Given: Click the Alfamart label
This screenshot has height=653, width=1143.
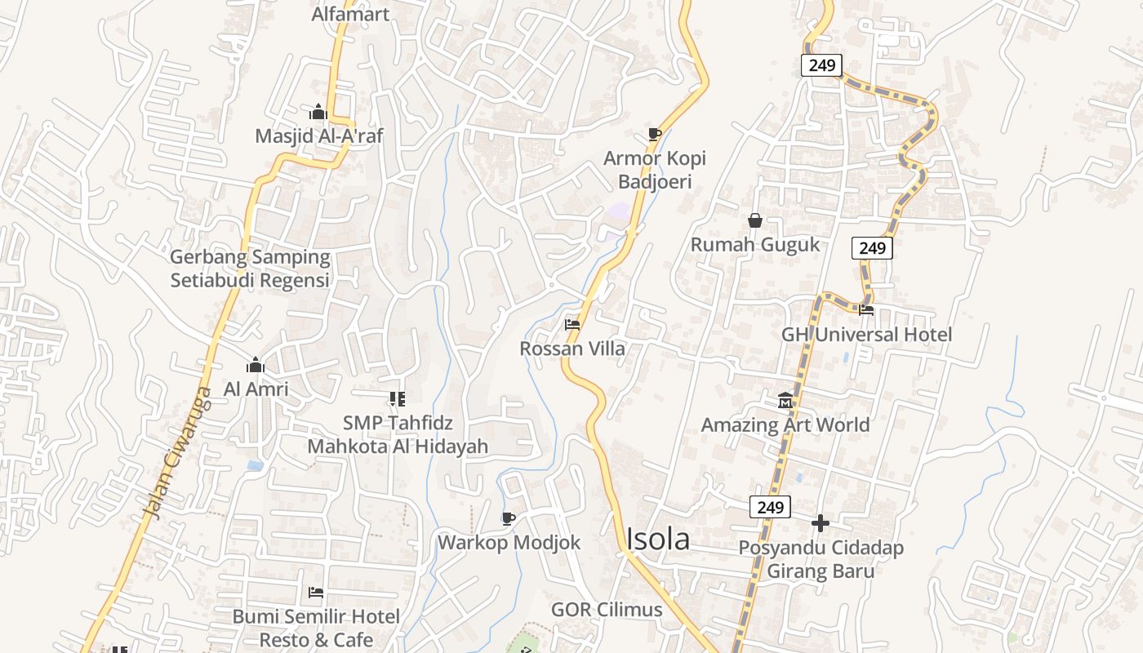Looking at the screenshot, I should click(x=350, y=14).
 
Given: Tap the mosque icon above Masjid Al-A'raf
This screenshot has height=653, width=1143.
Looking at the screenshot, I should click(x=318, y=112).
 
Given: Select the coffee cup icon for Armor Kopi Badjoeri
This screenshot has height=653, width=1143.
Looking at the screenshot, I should click(x=654, y=133).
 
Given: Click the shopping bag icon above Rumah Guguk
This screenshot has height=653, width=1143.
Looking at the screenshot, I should click(x=755, y=220).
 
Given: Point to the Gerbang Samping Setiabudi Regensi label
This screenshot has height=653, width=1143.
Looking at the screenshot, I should click(x=250, y=269).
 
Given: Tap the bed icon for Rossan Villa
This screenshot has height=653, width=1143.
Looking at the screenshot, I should click(x=572, y=324).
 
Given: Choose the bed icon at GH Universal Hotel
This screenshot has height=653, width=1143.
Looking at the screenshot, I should click(x=866, y=309).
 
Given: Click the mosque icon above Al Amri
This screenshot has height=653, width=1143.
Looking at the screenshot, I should click(x=256, y=365).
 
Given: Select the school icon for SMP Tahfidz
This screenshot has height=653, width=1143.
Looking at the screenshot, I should click(x=397, y=399).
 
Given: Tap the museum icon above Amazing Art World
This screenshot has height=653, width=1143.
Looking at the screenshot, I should click(x=785, y=400).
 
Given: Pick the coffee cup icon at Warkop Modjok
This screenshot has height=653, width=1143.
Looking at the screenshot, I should click(x=509, y=518).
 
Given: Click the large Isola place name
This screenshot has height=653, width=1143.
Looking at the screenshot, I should click(x=658, y=539).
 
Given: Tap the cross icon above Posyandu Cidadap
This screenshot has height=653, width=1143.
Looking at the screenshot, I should click(x=821, y=522).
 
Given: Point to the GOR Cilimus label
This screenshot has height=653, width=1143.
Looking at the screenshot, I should click(x=607, y=609).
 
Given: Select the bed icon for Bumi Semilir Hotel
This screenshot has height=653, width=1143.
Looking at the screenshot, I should click(x=316, y=592).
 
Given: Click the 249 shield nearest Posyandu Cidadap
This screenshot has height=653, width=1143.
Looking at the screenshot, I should click(x=770, y=507).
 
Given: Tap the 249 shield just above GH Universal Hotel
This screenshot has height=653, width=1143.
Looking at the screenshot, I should click(x=872, y=247).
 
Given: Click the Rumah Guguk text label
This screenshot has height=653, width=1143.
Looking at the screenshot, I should click(x=755, y=244).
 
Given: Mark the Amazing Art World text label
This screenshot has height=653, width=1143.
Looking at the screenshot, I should click(x=785, y=424).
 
